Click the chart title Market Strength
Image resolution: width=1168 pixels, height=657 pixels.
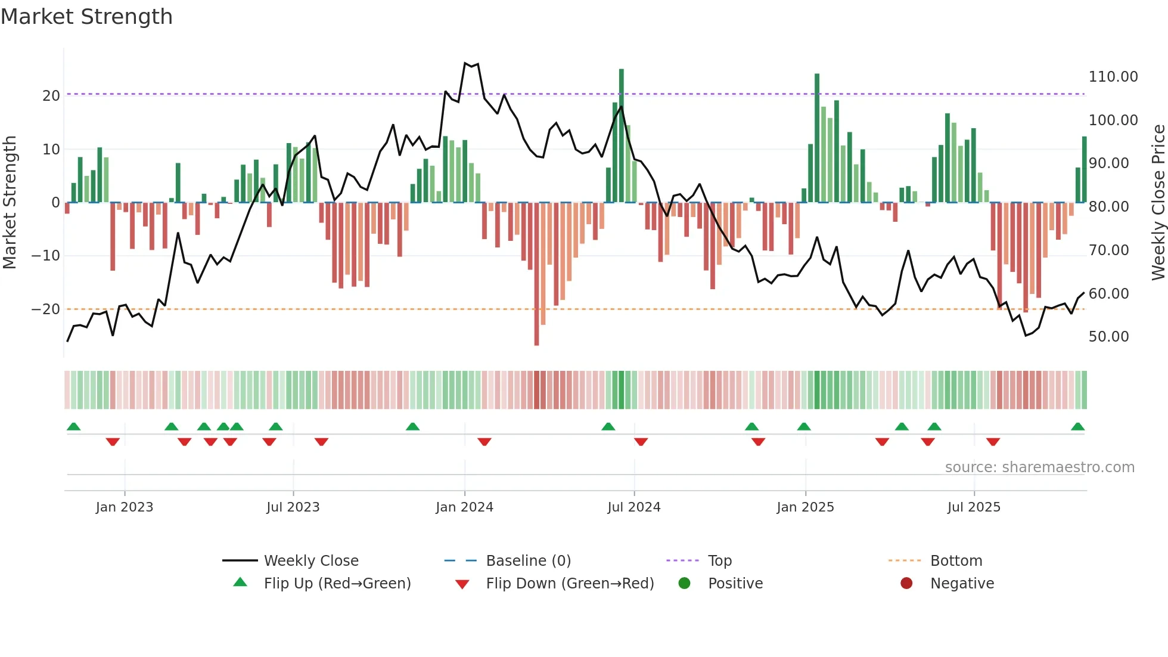pyautogui.click(x=87, y=17)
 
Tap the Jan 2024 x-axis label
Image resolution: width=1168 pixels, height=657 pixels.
pyautogui.click(x=464, y=507)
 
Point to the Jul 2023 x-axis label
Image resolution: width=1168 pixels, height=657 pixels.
pyautogui.click(x=293, y=507)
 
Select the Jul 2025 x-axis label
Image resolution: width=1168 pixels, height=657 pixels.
pyautogui.click(x=974, y=507)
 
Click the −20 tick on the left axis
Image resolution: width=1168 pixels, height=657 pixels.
pyautogui.click(x=46, y=309)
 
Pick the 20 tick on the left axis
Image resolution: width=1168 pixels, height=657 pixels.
pyautogui.click(x=51, y=96)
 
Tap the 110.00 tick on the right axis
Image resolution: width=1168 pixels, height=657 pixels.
pyautogui.click(x=1113, y=77)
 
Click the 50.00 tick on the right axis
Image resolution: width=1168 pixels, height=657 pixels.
pyautogui.click(x=1108, y=337)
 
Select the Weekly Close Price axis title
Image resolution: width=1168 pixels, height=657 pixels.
pyautogui.click(x=1158, y=203)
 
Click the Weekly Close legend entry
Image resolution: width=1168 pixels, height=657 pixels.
pyautogui.click(x=310, y=561)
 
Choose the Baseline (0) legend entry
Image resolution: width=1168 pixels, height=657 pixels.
pyautogui.click(x=528, y=561)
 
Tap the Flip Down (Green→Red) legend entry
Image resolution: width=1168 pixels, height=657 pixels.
pyautogui.click(x=569, y=584)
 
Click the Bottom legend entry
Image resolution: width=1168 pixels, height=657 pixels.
pyautogui.click(x=956, y=561)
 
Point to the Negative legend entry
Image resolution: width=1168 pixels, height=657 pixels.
pyautogui.click(x=962, y=584)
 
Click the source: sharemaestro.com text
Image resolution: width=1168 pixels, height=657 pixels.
pyautogui.click(x=1039, y=467)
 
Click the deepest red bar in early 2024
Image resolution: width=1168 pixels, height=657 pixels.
pyautogui.click(x=536, y=274)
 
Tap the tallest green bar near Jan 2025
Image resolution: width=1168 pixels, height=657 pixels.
pyautogui.click(x=817, y=137)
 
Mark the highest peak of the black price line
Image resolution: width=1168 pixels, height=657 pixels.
pyautogui.click(x=465, y=63)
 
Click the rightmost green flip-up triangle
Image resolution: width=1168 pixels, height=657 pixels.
pyautogui.click(x=1077, y=427)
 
